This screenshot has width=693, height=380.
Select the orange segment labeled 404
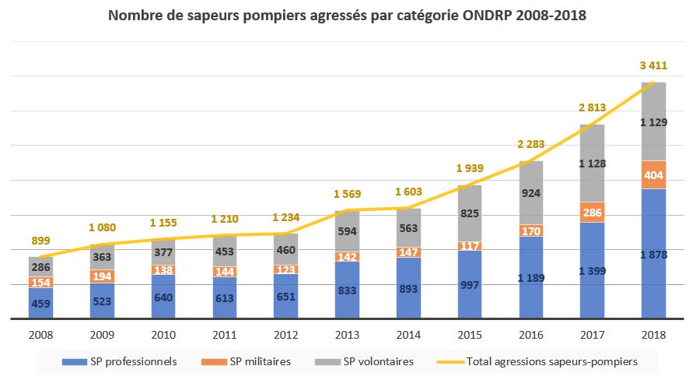tap(653, 175)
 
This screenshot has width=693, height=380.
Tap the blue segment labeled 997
tap(471, 284)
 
